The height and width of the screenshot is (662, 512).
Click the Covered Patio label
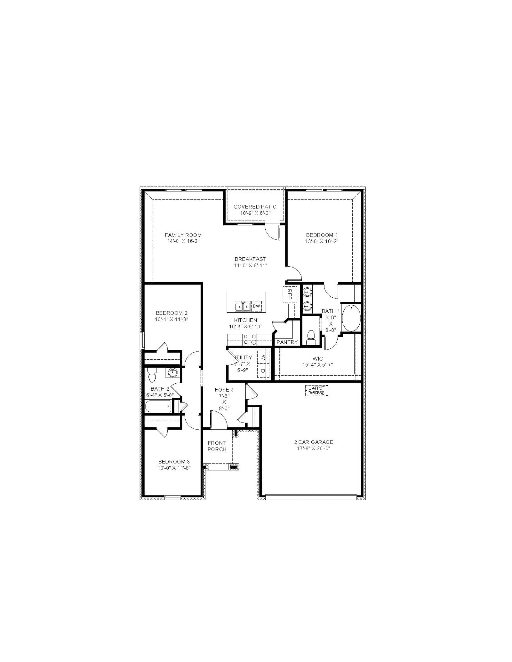[255, 207]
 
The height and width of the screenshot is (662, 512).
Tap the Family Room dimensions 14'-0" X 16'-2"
[183, 241]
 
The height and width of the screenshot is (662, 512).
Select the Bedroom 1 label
[322, 235]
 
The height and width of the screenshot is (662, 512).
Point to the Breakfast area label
[250, 259]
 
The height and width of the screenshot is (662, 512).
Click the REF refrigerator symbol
[290, 294]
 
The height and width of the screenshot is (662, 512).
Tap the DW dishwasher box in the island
[256, 306]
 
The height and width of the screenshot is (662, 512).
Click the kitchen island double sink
[243, 306]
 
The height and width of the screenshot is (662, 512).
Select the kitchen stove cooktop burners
[250, 339]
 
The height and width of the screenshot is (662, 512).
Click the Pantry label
[287, 342]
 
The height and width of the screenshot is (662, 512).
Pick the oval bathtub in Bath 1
[351, 318]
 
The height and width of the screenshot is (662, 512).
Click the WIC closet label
[317, 359]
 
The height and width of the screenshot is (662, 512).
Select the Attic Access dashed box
[317, 391]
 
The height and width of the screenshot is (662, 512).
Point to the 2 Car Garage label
[314, 442]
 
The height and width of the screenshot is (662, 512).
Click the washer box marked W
[263, 357]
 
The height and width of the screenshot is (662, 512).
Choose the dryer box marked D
[263, 371]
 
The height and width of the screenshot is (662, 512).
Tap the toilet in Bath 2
[152, 375]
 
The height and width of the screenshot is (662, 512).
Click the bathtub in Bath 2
[158, 407]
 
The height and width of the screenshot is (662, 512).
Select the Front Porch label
[217, 446]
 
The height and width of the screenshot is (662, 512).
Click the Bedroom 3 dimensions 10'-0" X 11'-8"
[174, 468]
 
